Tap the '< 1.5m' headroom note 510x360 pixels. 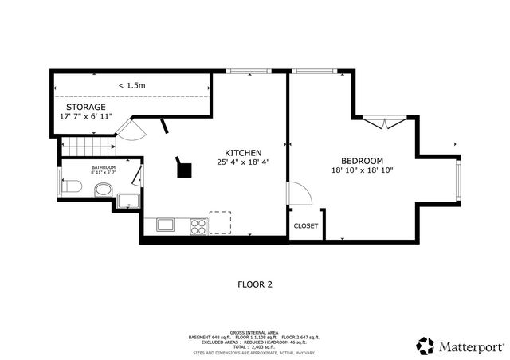point(131,85)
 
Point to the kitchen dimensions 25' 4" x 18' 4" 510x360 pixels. point(244,162)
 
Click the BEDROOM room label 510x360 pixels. point(363,160)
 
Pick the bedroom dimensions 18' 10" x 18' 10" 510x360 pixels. point(363,170)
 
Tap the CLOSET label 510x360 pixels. point(305,225)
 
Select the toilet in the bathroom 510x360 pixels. point(71,187)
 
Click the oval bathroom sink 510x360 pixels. point(103,190)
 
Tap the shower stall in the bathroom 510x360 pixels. point(127,200)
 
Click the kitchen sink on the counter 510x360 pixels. point(166,225)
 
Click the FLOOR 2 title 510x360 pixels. point(255,284)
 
